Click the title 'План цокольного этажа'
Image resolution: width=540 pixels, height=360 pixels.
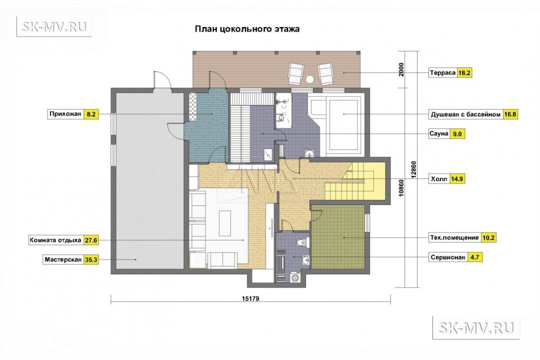tap(247, 28)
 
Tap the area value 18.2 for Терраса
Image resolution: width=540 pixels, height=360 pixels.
tap(464, 73)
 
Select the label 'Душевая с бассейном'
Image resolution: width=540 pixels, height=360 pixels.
tap(465, 114)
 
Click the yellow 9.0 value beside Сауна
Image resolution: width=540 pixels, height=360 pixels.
tap(457, 134)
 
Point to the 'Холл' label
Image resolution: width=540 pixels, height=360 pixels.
tap(439, 179)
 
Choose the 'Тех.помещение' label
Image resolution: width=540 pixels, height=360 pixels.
tap(454, 237)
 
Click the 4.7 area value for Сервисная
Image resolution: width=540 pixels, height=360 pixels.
tap(474, 257)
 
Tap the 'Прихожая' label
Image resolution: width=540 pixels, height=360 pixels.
tap(65, 114)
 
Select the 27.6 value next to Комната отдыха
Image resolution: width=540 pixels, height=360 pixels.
tap(91, 240)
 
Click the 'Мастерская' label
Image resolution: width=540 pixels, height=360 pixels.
tap(62, 260)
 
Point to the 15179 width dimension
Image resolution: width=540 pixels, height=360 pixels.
tap(250, 298)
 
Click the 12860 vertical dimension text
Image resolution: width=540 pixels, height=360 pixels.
tap(413, 169)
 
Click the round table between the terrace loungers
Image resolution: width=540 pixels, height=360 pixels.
tap(310, 79)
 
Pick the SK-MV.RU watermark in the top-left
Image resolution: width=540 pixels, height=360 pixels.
tap(54, 26)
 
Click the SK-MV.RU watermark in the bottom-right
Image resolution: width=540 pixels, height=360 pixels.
tap(476, 327)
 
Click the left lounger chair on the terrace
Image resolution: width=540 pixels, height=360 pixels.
tap(296, 73)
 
